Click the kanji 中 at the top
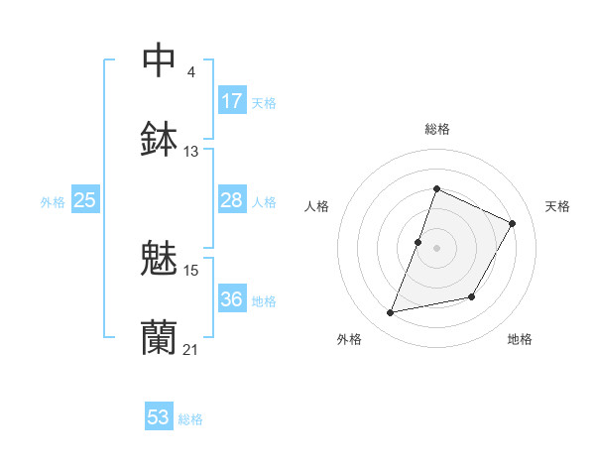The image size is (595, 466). point(159,59)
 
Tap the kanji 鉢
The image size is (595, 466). point(159,140)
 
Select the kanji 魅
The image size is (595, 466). point(159,260)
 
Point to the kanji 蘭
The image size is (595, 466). point(159,338)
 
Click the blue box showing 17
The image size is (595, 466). point(232,101)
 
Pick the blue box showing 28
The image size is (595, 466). point(232,200)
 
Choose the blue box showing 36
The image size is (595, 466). point(232,299)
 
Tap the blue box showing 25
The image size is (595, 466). point(85,200)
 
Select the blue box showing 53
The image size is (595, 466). point(159,417)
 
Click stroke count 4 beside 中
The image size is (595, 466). point(190,72)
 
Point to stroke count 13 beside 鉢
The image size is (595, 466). point(191,152)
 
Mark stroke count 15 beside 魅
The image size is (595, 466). point(191,270)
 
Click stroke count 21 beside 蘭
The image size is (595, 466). point(191,349)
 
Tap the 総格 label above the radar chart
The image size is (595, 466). point(436,129)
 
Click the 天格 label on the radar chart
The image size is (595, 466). point(557,206)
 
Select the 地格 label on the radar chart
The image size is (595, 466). point(520,339)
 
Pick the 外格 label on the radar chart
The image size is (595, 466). point(349,339)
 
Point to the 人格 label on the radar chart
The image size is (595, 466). point(317,206)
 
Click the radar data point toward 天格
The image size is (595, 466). point(513,223)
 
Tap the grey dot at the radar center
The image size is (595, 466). point(436,247)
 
